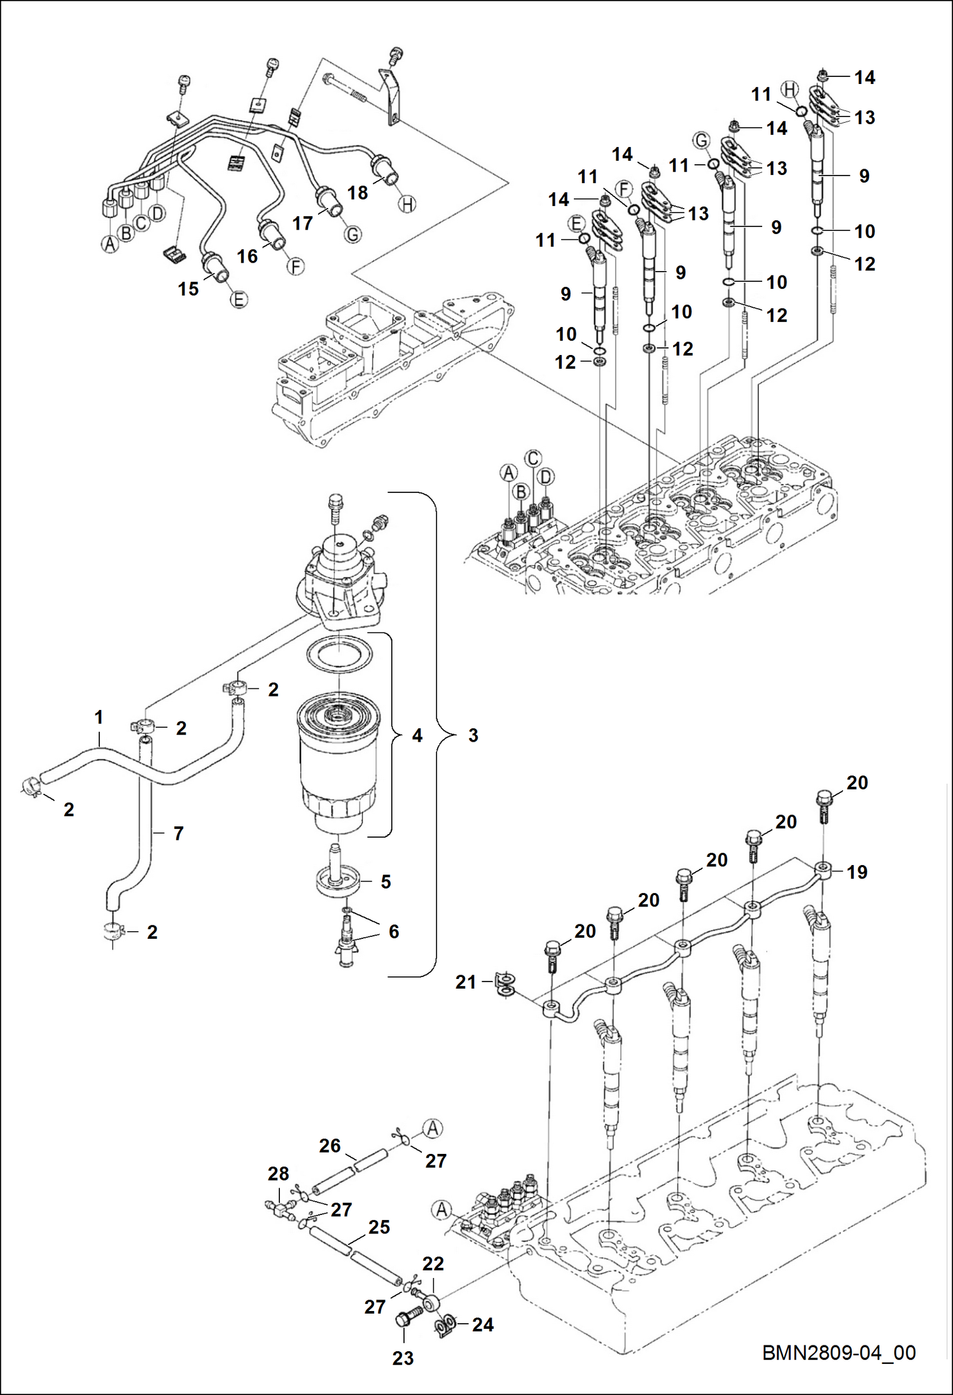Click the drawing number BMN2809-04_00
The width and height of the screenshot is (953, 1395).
pos(838,1352)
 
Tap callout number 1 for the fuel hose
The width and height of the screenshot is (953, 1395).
pos(99,717)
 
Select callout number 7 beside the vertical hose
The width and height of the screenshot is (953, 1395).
pos(179,833)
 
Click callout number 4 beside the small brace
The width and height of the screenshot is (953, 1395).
pos(417,735)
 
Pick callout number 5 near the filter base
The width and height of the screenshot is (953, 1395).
pos(386,882)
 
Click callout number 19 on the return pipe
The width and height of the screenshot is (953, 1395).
pos(857,871)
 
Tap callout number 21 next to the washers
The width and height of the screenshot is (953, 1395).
pos(466,982)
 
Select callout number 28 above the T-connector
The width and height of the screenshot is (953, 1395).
pos(278,1174)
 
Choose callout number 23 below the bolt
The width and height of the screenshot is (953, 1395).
pos(403,1358)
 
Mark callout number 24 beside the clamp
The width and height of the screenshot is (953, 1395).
pos(483,1324)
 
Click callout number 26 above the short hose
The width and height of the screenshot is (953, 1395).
pos(330,1146)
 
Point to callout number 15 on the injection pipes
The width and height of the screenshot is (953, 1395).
pos(188,289)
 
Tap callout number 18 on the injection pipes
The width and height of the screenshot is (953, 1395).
pos(358,193)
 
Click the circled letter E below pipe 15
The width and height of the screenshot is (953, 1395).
pos(239,300)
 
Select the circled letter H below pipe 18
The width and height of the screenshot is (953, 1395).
pos(407,204)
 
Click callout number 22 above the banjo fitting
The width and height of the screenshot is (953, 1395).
pos(433,1263)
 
